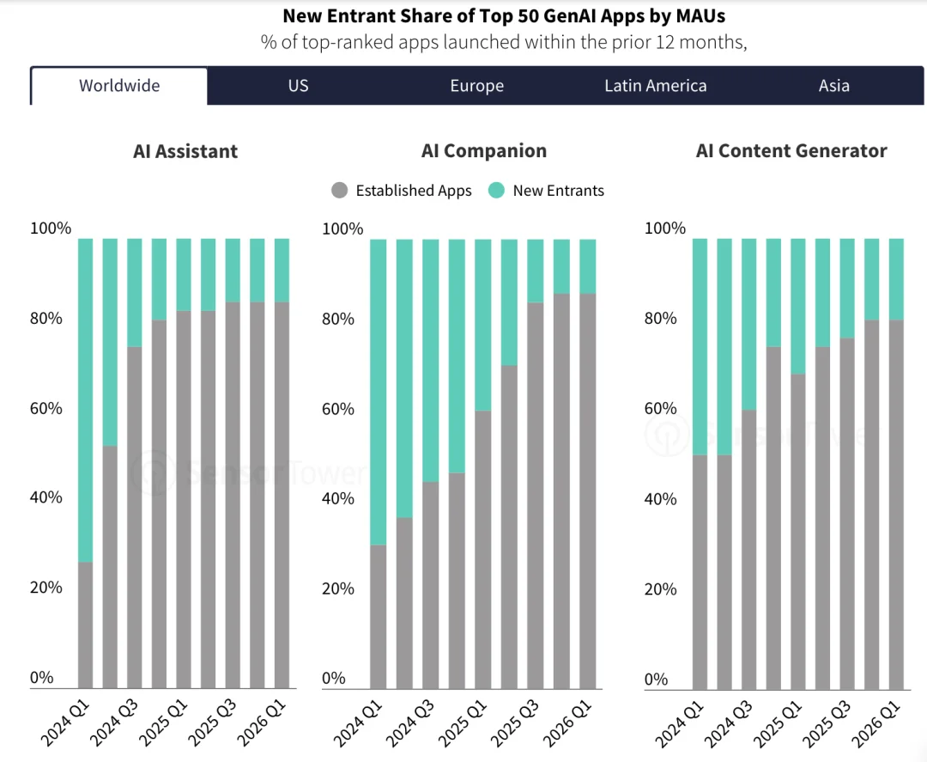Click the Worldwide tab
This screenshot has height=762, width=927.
click(x=119, y=86)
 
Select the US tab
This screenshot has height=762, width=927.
click(x=298, y=86)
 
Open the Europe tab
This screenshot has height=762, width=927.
click(x=477, y=86)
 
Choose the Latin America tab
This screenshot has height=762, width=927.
click(x=655, y=86)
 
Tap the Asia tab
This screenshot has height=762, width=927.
click(x=833, y=86)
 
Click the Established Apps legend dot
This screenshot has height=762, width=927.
click(x=339, y=191)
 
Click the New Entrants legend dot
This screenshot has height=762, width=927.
click(x=497, y=191)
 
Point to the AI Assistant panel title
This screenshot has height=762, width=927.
click(x=185, y=151)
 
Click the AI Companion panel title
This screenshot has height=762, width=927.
click(x=483, y=151)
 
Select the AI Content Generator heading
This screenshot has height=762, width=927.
click(x=791, y=151)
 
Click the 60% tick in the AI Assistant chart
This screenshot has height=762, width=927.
click(x=46, y=408)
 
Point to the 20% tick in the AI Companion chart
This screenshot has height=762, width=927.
click(x=337, y=588)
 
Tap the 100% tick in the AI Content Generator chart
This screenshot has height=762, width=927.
click(x=664, y=229)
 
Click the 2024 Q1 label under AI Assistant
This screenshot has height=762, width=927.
click(x=65, y=723)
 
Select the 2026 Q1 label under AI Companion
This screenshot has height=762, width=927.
click(x=567, y=723)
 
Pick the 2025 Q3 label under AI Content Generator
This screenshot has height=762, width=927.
click(x=827, y=723)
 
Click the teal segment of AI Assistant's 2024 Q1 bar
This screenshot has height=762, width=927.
click(x=85, y=400)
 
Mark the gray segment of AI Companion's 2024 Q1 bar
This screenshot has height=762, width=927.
click(x=379, y=617)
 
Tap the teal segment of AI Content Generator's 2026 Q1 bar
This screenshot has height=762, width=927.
click(x=896, y=279)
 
